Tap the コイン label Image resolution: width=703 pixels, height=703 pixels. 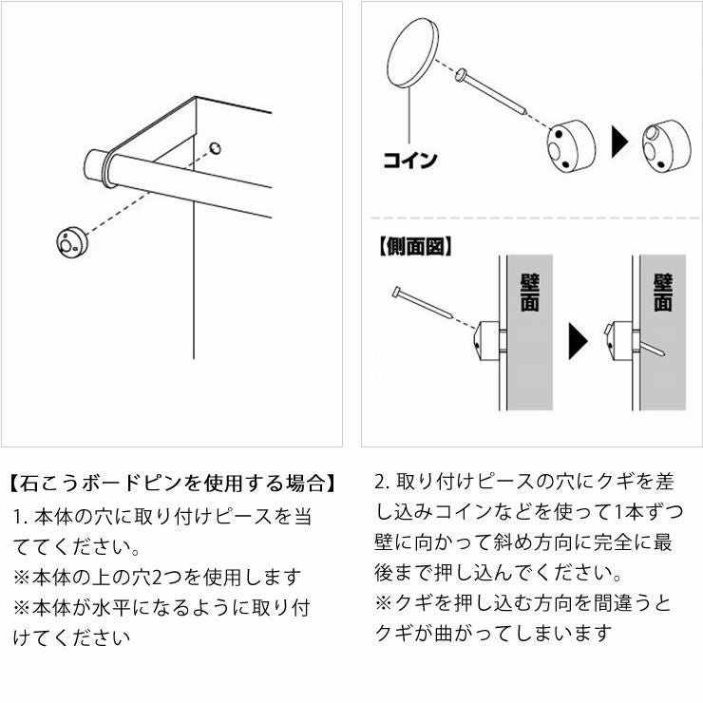coord(409,160)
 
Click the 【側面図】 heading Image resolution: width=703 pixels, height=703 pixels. coord(415,247)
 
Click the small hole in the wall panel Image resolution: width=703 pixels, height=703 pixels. coord(216,147)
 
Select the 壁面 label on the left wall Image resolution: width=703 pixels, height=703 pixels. coord(529,294)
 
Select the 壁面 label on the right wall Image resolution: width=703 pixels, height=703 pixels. coord(662,294)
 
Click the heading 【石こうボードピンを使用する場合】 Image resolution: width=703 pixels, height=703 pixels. coord(172,483)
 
